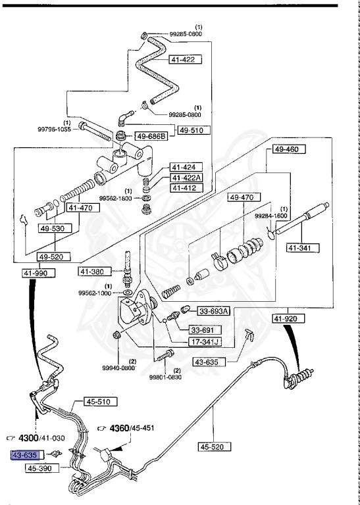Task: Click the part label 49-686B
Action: click(151, 137)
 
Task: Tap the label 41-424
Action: click(186, 167)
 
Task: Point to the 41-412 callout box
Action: click(186, 187)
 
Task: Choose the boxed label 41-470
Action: click(83, 208)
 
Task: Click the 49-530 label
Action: click(55, 228)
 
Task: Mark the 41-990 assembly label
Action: click(39, 273)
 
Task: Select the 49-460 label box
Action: click(289, 149)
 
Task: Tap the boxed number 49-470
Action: click(244, 197)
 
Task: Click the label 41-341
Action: click(303, 248)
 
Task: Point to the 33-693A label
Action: click(213, 311)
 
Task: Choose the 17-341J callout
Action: click(205, 341)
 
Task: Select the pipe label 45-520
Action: click(215, 446)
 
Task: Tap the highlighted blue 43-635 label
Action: click(28, 455)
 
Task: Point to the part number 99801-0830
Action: click(165, 377)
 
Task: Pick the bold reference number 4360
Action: click(119, 428)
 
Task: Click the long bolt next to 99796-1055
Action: click(94, 132)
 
